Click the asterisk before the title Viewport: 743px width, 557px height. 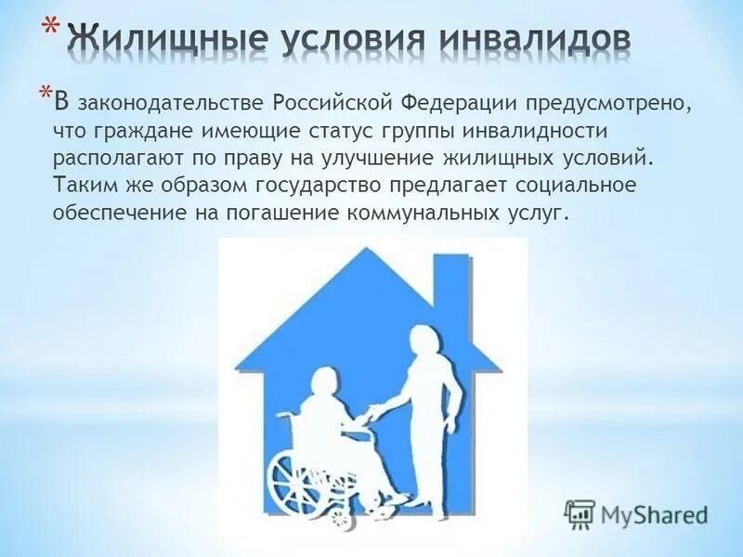pyautogui.click(x=52, y=28)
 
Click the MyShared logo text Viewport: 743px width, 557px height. pyautogui.click(x=653, y=513)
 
